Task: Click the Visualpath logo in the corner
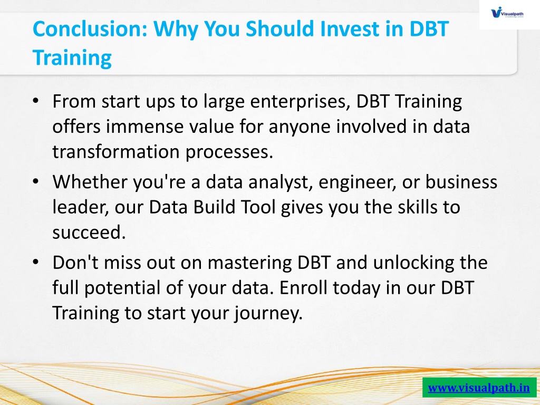point(507,13)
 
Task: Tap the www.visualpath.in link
point(479,388)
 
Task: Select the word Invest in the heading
point(349,28)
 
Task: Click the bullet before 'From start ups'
point(36,101)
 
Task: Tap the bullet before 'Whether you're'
point(36,181)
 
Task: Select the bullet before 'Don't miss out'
point(36,262)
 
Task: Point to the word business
point(461,181)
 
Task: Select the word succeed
point(89,233)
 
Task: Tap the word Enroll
point(303,287)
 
